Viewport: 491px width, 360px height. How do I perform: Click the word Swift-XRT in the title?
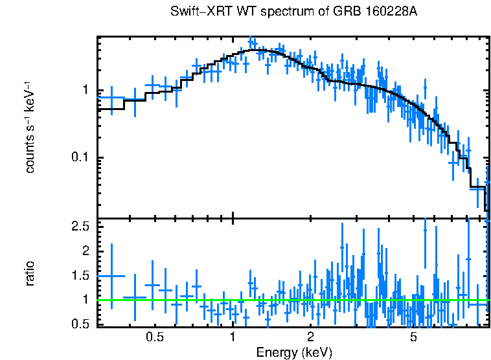click(x=195, y=12)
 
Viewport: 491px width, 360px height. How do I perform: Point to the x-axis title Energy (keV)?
click(x=294, y=352)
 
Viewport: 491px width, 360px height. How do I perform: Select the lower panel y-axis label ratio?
click(x=30, y=274)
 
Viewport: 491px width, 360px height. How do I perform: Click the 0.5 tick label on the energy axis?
click(x=154, y=337)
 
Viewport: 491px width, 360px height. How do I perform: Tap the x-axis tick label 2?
click(x=310, y=337)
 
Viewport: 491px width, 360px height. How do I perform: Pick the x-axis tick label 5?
click(x=413, y=337)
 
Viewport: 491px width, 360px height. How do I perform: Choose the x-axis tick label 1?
click(x=233, y=337)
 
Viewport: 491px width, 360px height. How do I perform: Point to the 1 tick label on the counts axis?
click(x=84, y=90)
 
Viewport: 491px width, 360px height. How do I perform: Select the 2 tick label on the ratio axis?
click(x=84, y=251)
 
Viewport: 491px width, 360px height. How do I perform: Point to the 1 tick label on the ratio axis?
click(x=84, y=300)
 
